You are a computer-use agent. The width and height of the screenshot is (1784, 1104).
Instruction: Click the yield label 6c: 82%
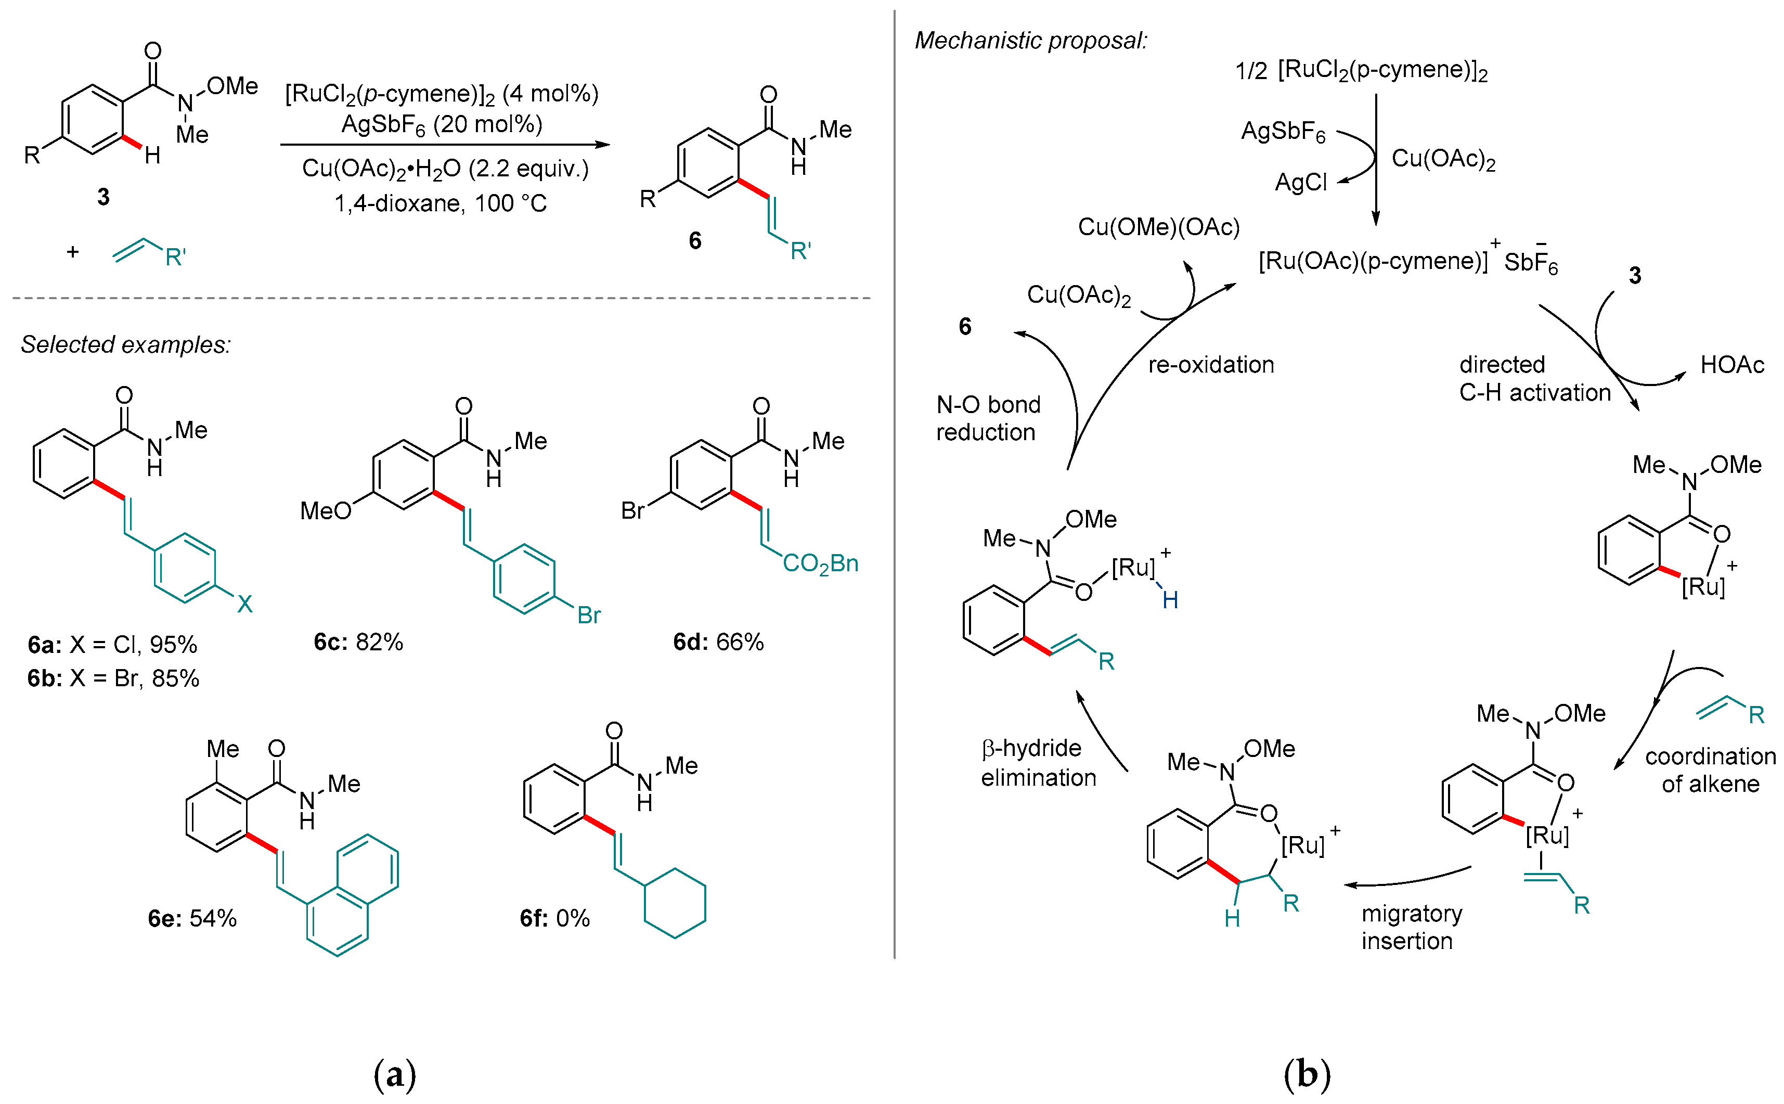358,642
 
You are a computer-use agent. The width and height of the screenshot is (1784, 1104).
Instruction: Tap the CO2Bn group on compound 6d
820,563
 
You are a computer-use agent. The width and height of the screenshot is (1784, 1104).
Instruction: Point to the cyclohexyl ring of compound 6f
675,903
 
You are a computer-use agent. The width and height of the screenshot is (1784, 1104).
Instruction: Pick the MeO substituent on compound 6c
326,510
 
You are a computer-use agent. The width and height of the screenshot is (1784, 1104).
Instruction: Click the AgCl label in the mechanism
1300,182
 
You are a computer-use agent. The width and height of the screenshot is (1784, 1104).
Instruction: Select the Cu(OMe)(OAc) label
1158,227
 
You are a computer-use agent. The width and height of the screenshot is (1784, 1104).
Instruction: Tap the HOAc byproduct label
1731,365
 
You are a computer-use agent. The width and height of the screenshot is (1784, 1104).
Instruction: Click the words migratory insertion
1411,927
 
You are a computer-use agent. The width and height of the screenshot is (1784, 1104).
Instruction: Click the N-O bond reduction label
988,418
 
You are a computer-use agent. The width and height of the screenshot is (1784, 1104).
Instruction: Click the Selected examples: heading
125,344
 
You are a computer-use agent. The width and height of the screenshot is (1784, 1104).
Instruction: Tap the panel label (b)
1307,1074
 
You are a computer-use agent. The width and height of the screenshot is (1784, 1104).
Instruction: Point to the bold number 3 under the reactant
104,197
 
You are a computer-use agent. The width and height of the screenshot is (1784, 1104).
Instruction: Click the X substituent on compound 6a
244,604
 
